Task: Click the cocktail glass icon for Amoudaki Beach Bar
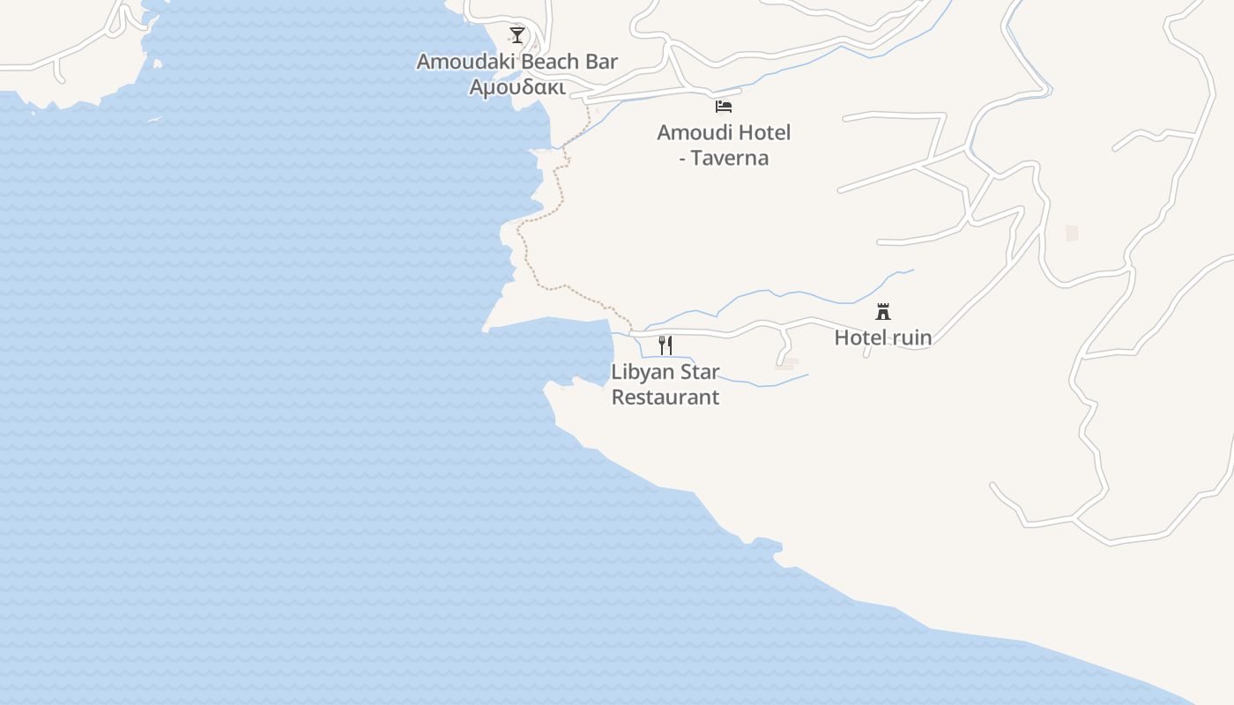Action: point(517,35)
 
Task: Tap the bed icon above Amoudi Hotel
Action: point(724,107)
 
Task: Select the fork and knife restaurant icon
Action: point(665,345)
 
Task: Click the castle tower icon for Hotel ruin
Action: point(883,311)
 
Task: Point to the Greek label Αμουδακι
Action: point(517,87)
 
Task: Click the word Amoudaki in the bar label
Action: point(461,62)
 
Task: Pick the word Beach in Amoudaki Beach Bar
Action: point(548,62)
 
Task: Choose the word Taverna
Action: point(730,159)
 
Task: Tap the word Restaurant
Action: point(665,397)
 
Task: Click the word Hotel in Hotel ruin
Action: point(861,338)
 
